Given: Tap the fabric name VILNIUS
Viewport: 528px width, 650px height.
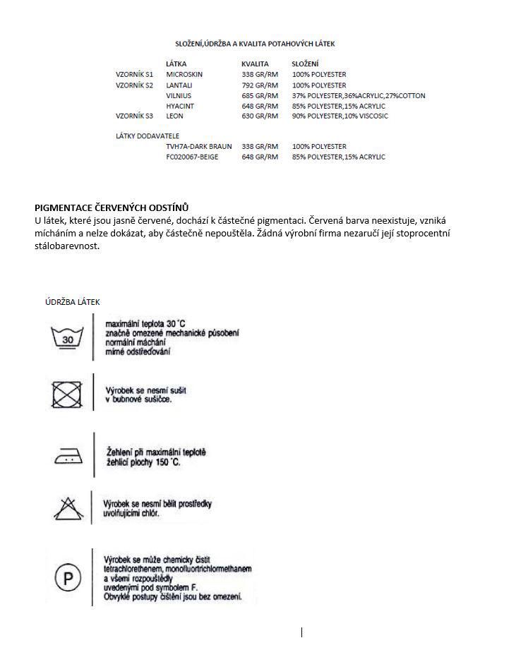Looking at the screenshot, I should pos(179,95).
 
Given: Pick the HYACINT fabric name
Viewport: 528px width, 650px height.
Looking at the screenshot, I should pos(180,106).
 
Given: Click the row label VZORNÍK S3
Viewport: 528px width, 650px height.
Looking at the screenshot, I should pos(134,116).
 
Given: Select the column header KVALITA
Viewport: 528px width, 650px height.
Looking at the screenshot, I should pos(255,64).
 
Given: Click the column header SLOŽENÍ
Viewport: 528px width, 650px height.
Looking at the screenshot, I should pos(305,64).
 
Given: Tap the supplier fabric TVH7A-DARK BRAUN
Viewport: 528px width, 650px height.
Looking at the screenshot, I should pos(199,146).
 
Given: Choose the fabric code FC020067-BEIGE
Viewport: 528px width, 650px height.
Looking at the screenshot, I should pos(192,157).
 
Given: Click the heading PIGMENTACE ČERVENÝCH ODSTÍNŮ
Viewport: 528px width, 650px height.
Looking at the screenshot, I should pos(112,207).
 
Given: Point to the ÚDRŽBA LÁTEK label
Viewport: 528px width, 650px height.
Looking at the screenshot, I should pos(73,302).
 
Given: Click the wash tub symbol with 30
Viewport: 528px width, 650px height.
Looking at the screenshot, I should pos(68,337).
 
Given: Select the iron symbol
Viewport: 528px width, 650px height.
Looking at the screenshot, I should pos(68,456).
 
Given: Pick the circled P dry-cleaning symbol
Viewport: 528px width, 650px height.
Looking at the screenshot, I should pos(68,578).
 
